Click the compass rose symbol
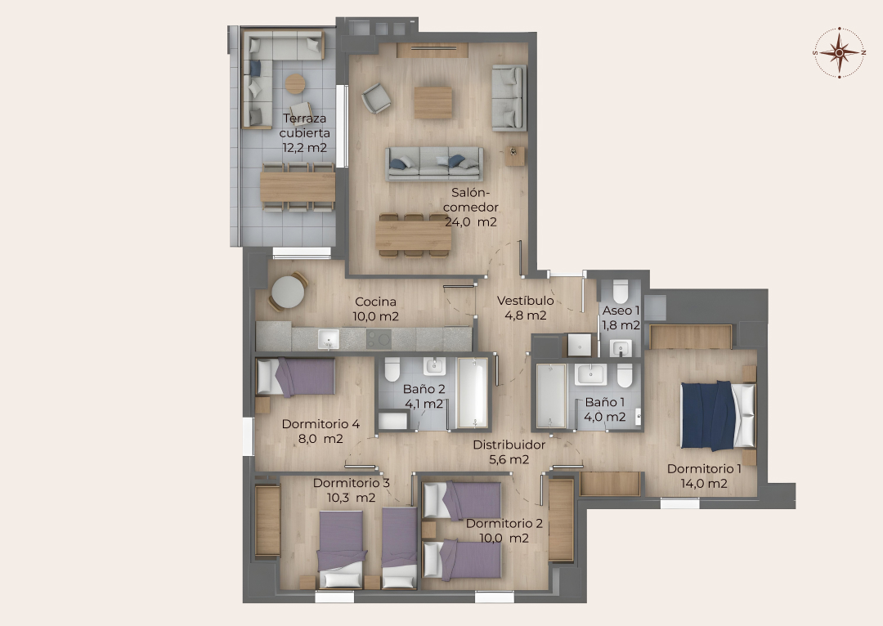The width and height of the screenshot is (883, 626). click(x=839, y=52)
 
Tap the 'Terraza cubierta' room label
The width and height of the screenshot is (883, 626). click(x=305, y=126)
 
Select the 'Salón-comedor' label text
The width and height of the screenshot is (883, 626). click(x=471, y=200)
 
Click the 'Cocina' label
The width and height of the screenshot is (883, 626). click(x=375, y=302)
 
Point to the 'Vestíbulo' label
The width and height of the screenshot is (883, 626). click(x=526, y=301)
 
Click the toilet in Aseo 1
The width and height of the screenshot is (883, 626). click(x=621, y=291)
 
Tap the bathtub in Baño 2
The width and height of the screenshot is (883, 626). click(x=473, y=391)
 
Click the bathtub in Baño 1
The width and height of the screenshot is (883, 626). click(x=551, y=396)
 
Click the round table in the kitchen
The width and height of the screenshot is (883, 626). click(x=288, y=292)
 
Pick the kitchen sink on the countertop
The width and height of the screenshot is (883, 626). click(x=329, y=339)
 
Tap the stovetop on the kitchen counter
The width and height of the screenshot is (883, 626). click(x=379, y=339)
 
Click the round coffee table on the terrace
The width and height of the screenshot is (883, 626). click(x=294, y=84)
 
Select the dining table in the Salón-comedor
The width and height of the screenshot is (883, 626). click(x=414, y=235)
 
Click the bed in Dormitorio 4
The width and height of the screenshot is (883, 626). click(x=296, y=377)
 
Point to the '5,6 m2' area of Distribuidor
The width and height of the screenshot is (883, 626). click(x=509, y=459)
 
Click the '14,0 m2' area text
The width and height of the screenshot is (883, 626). click(x=704, y=483)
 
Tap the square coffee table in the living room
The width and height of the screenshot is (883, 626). click(x=433, y=102)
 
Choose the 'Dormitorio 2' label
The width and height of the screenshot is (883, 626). click(x=504, y=524)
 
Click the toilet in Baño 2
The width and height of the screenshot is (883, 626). click(x=392, y=369)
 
